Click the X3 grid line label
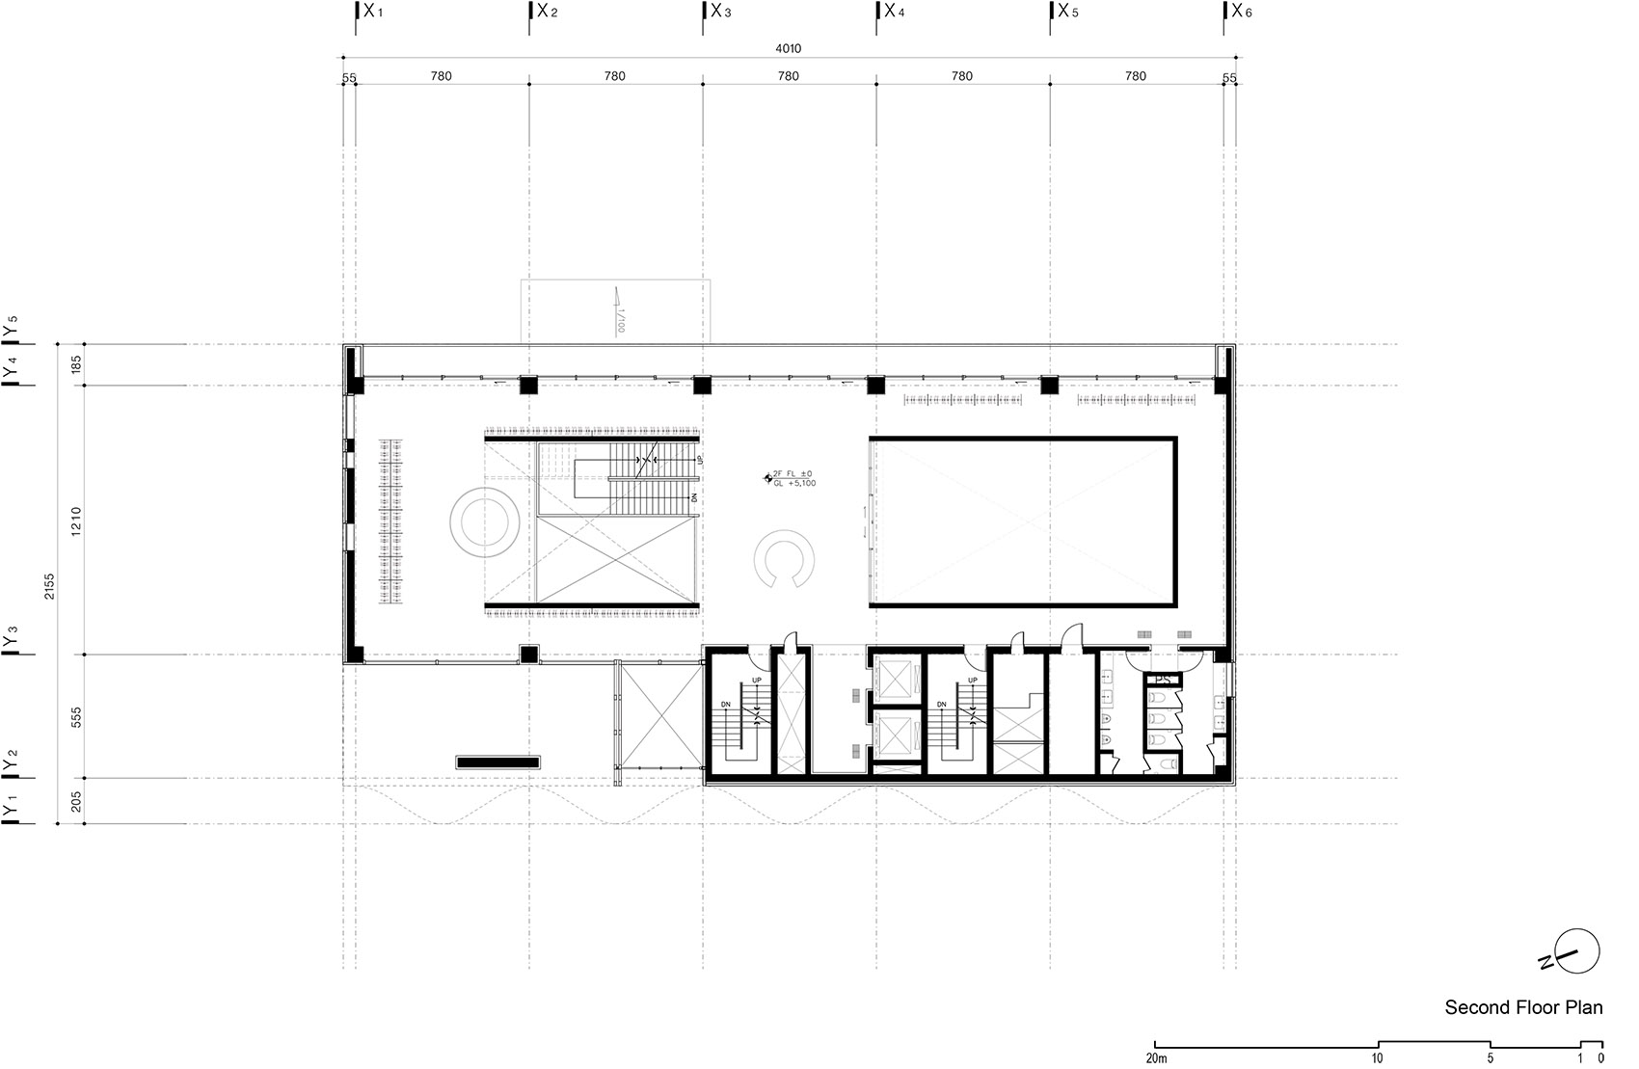coord(720,12)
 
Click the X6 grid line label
coord(1241,12)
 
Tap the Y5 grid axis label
coord(11,327)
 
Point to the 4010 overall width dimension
coord(789,48)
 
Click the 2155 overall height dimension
coord(49,586)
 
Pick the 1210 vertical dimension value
coord(76,521)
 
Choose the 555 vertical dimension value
coord(76,716)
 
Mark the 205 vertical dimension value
coord(76,801)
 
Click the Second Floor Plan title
coord(1523,1008)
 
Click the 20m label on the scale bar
coord(1156,1058)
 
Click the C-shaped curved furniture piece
coord(788,558)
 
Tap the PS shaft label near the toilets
coord(1162,680)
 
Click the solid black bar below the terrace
coord(497,762)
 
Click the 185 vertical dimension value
coord(76,364)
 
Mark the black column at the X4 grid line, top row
coord(875,385)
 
